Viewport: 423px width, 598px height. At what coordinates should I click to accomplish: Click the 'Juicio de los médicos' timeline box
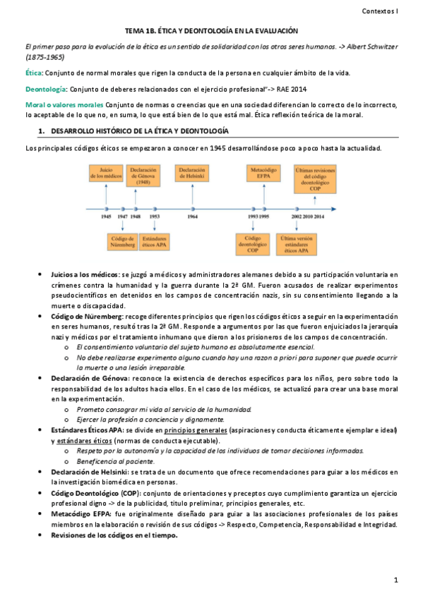106,173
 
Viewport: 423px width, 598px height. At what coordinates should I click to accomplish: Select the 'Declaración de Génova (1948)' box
143,174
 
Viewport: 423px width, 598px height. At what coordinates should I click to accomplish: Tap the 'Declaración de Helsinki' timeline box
192,173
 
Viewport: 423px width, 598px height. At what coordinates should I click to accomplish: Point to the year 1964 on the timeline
192,218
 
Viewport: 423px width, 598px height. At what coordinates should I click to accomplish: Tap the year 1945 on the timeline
106,218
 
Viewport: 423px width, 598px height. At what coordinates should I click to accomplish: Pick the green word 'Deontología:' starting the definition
47,89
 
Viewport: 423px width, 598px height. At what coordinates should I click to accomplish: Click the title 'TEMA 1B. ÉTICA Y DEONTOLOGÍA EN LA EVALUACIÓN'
211,31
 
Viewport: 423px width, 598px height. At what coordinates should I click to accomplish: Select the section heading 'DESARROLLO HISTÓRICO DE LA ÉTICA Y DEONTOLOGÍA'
138,132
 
